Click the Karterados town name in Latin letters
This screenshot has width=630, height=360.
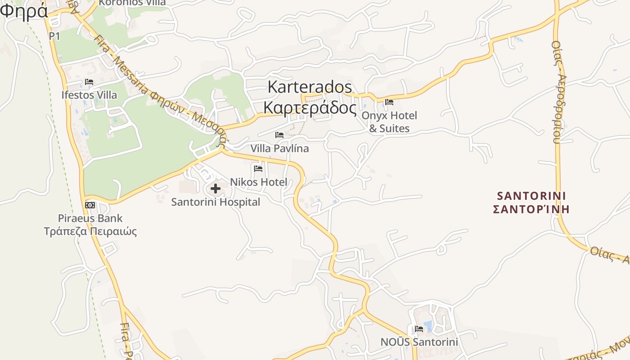pyautogui.click(x=310, y=87)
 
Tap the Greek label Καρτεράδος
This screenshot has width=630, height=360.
pyautogui.click(x=310, y=108)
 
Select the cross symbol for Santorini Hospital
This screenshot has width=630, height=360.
pyautogui.click(x=216, y=189)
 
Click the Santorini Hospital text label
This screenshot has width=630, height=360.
pyautogui.click(x=216, y=202)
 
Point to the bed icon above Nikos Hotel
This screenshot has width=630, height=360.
pyautogui.click(x=258, y=169)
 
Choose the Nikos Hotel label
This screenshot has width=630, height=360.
pyautogui.click(x=258, y=182)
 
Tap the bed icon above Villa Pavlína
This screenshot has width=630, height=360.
pyautogui.click(x=279, y=135)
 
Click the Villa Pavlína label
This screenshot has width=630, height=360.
pyautogui.click(x=279, y=148)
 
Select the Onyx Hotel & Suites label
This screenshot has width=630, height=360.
pyautogui.click(x=390, y=122)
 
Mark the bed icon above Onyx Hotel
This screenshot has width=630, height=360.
pyautogui.click(x=389, y=102)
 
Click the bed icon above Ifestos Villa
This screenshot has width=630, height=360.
pyautogui.click(x=89, y=82)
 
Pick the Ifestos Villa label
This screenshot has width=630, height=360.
pyautogui.click(x=89, y=95)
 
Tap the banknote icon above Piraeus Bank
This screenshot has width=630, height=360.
pyautogui.click(x=90, y=205)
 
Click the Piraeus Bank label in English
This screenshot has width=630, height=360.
pyautogui.click(x=90, y=218)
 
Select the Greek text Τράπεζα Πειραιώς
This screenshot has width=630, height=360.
pyautogui.click(x=90, y=232)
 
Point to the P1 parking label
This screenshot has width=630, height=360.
pyautogui.click(x=54, y=36)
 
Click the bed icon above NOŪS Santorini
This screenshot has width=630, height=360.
pyautogui.click(x=419, y=328)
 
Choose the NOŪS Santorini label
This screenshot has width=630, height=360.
pyautogui.click(x=419, y=342)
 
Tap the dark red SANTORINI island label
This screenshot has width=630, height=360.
pyautogui.click(x=531, y=196)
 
